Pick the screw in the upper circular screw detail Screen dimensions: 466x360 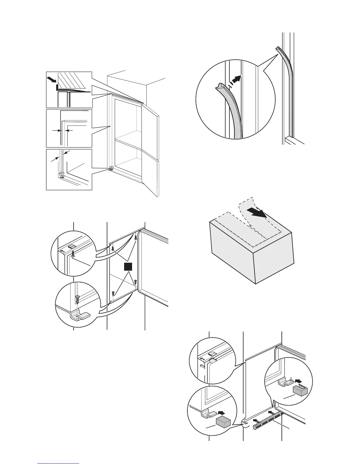pyautogui.click(x=73, y=254)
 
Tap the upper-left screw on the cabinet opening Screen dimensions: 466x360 pyautogui.click(x=113, y=249)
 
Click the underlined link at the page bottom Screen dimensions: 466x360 pyautogui.click(x=59, y=463)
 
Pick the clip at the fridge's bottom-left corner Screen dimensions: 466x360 pyautogui.click(x=112, y=169)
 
